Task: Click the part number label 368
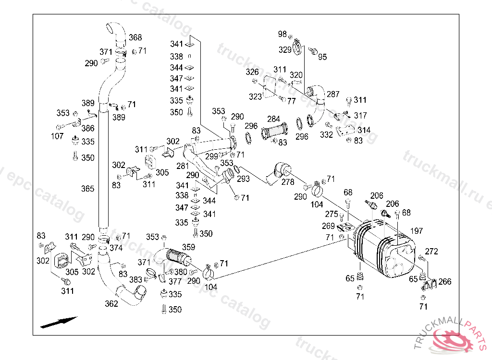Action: (x=135, y=37)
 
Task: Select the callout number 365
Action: (x=87, y=189)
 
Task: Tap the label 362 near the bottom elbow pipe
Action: (x=111, y=304)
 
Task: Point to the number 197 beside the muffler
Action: (x=417, y=231)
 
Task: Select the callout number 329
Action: (x=285, y=49)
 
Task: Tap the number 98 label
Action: (x=283, y=34)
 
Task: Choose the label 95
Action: (x=322, y=57)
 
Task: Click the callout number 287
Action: (x=333, y=95)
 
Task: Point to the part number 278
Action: (x=288, y=182)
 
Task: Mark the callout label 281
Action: (x=183, y=166)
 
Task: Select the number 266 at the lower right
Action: (x=445, y=282)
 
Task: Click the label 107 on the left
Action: (x=57, y=136)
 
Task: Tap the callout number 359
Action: (x=188, y=248)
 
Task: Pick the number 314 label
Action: (x=364, y=130)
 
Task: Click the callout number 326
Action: (x=252, y=72)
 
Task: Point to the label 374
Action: (x=116, y=248)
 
